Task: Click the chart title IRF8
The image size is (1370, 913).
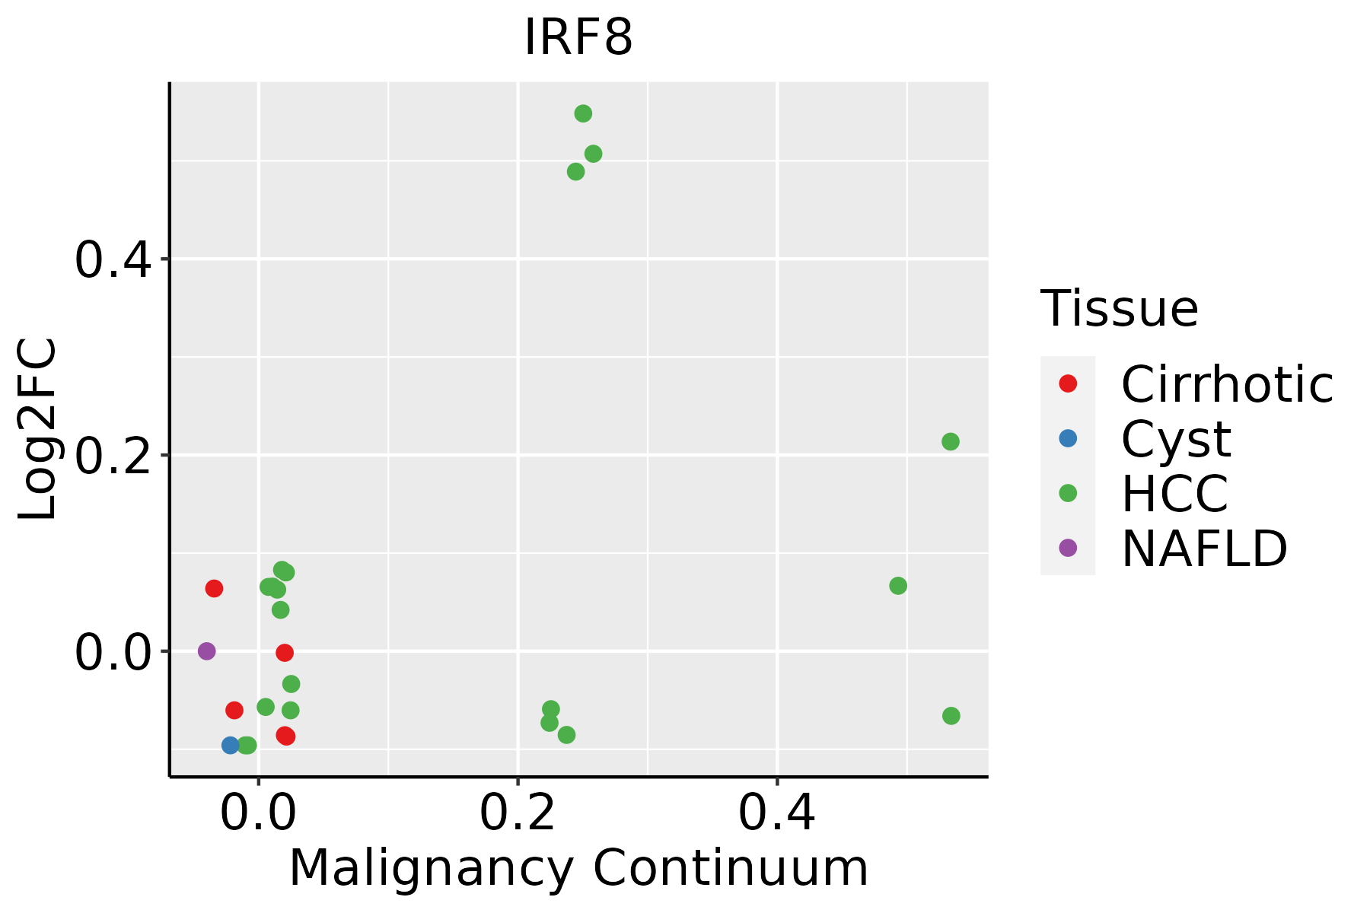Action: (x=578, y=38)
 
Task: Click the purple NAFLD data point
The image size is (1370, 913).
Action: (x=206, y=651)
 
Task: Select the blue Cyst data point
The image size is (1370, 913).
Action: (x=231, y=745)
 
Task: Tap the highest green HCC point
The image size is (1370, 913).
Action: (x=583, y=114)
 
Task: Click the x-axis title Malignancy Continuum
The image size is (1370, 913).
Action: (x=578, y=868)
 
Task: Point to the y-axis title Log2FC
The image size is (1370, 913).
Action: (x=38, y=429)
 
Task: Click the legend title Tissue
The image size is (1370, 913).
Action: (x=1120, y=309)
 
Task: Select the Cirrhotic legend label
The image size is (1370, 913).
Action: (x=1227, y=384)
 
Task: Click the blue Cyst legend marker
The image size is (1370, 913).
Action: (x=1068, y=438)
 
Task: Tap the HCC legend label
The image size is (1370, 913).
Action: (x=1174, y=493)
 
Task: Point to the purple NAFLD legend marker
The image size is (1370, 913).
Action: (x=1068, y=547)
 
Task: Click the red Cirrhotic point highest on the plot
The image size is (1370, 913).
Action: (x=214, y=588)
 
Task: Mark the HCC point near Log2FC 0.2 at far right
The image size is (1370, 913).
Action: (x=951, y=441)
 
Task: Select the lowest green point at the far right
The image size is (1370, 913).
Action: (x=951, y=716)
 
